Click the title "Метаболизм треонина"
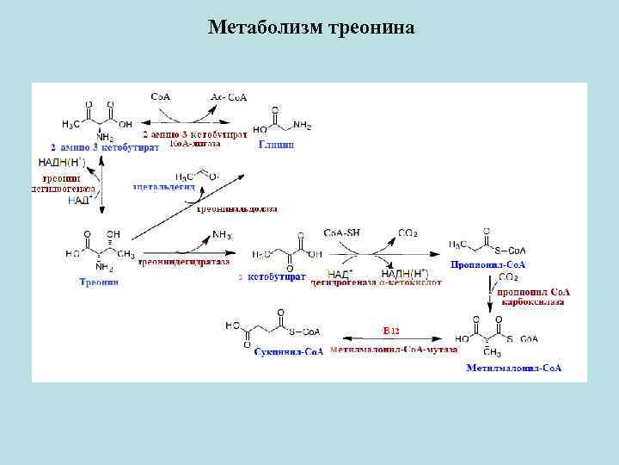pos(310,28)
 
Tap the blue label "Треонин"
pos(99,282)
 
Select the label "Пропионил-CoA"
pos(488,264)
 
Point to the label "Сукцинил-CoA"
pos(288,353)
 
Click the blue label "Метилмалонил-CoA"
pos(514,368)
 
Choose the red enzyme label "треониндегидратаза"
pos(184,262)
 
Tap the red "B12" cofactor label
pos(392,330)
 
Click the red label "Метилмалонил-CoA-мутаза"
pos(393,350)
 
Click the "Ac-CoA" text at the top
pos(229,97)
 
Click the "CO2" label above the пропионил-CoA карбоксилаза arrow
pos(508,277)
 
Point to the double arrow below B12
pos(393,338)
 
